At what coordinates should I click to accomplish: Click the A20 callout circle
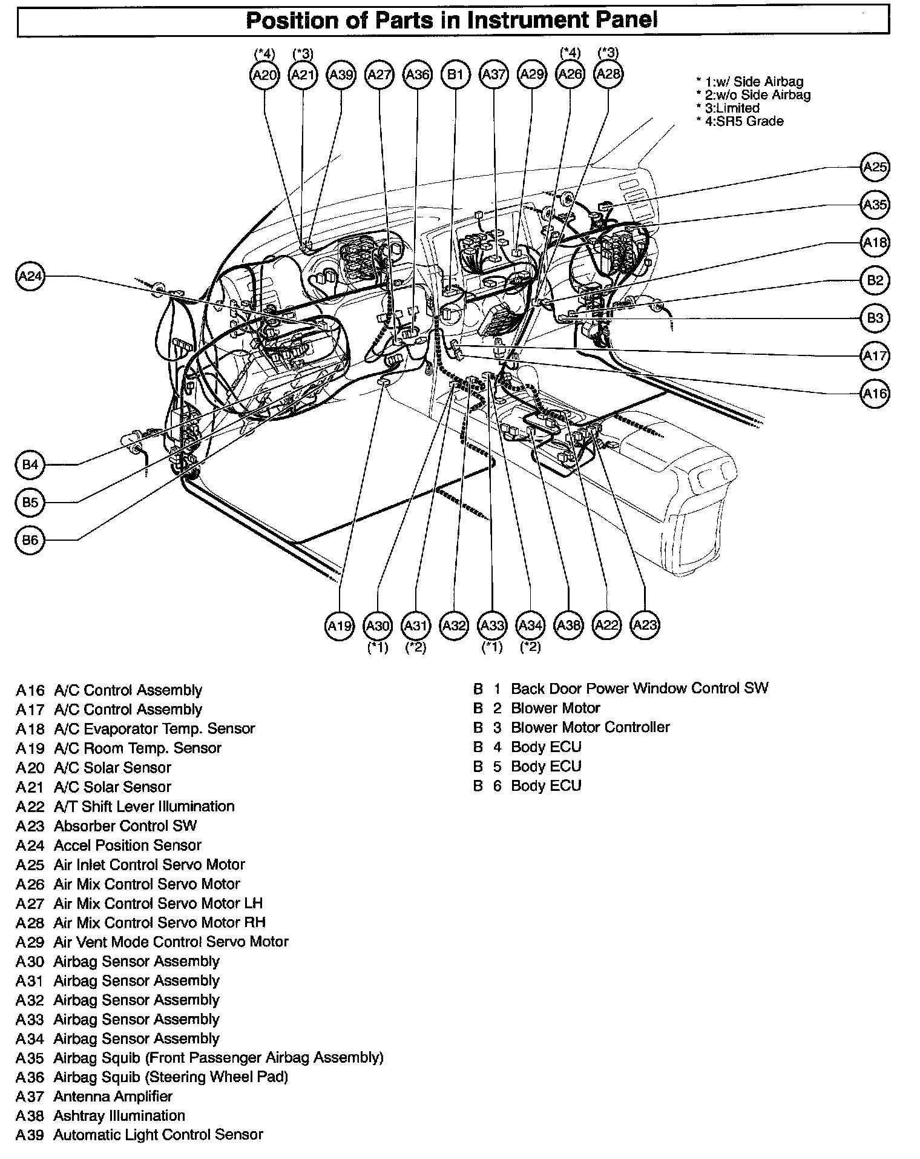coord(264,74)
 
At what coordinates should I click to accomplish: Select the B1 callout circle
coord(455,74)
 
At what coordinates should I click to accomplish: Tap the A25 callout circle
coord(875,167)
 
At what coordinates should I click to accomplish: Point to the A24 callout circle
coord(30,277)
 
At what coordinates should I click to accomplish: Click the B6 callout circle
coord(30,540)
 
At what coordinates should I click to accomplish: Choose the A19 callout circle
coord(339,626)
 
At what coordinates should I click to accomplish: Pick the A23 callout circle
coord(645,626)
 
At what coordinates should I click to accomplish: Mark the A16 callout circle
coord(875,394)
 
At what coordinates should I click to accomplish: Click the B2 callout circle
coord(875,280)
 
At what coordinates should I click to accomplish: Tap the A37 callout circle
coord(493,74)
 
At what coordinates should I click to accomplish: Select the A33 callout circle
coord(491,626)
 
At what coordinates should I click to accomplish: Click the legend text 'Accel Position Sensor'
coord(127,845)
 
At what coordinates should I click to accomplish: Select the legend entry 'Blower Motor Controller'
coord(590,727)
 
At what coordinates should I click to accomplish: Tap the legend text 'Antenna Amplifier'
coord(113,1097)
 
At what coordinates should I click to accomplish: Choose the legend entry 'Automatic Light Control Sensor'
coord(158,1135)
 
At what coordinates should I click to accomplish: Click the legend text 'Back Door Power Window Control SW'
coord(639,688)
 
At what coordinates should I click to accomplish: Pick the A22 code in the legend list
coord(30,807)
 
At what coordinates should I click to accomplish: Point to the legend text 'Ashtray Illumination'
coord(119,1116)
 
